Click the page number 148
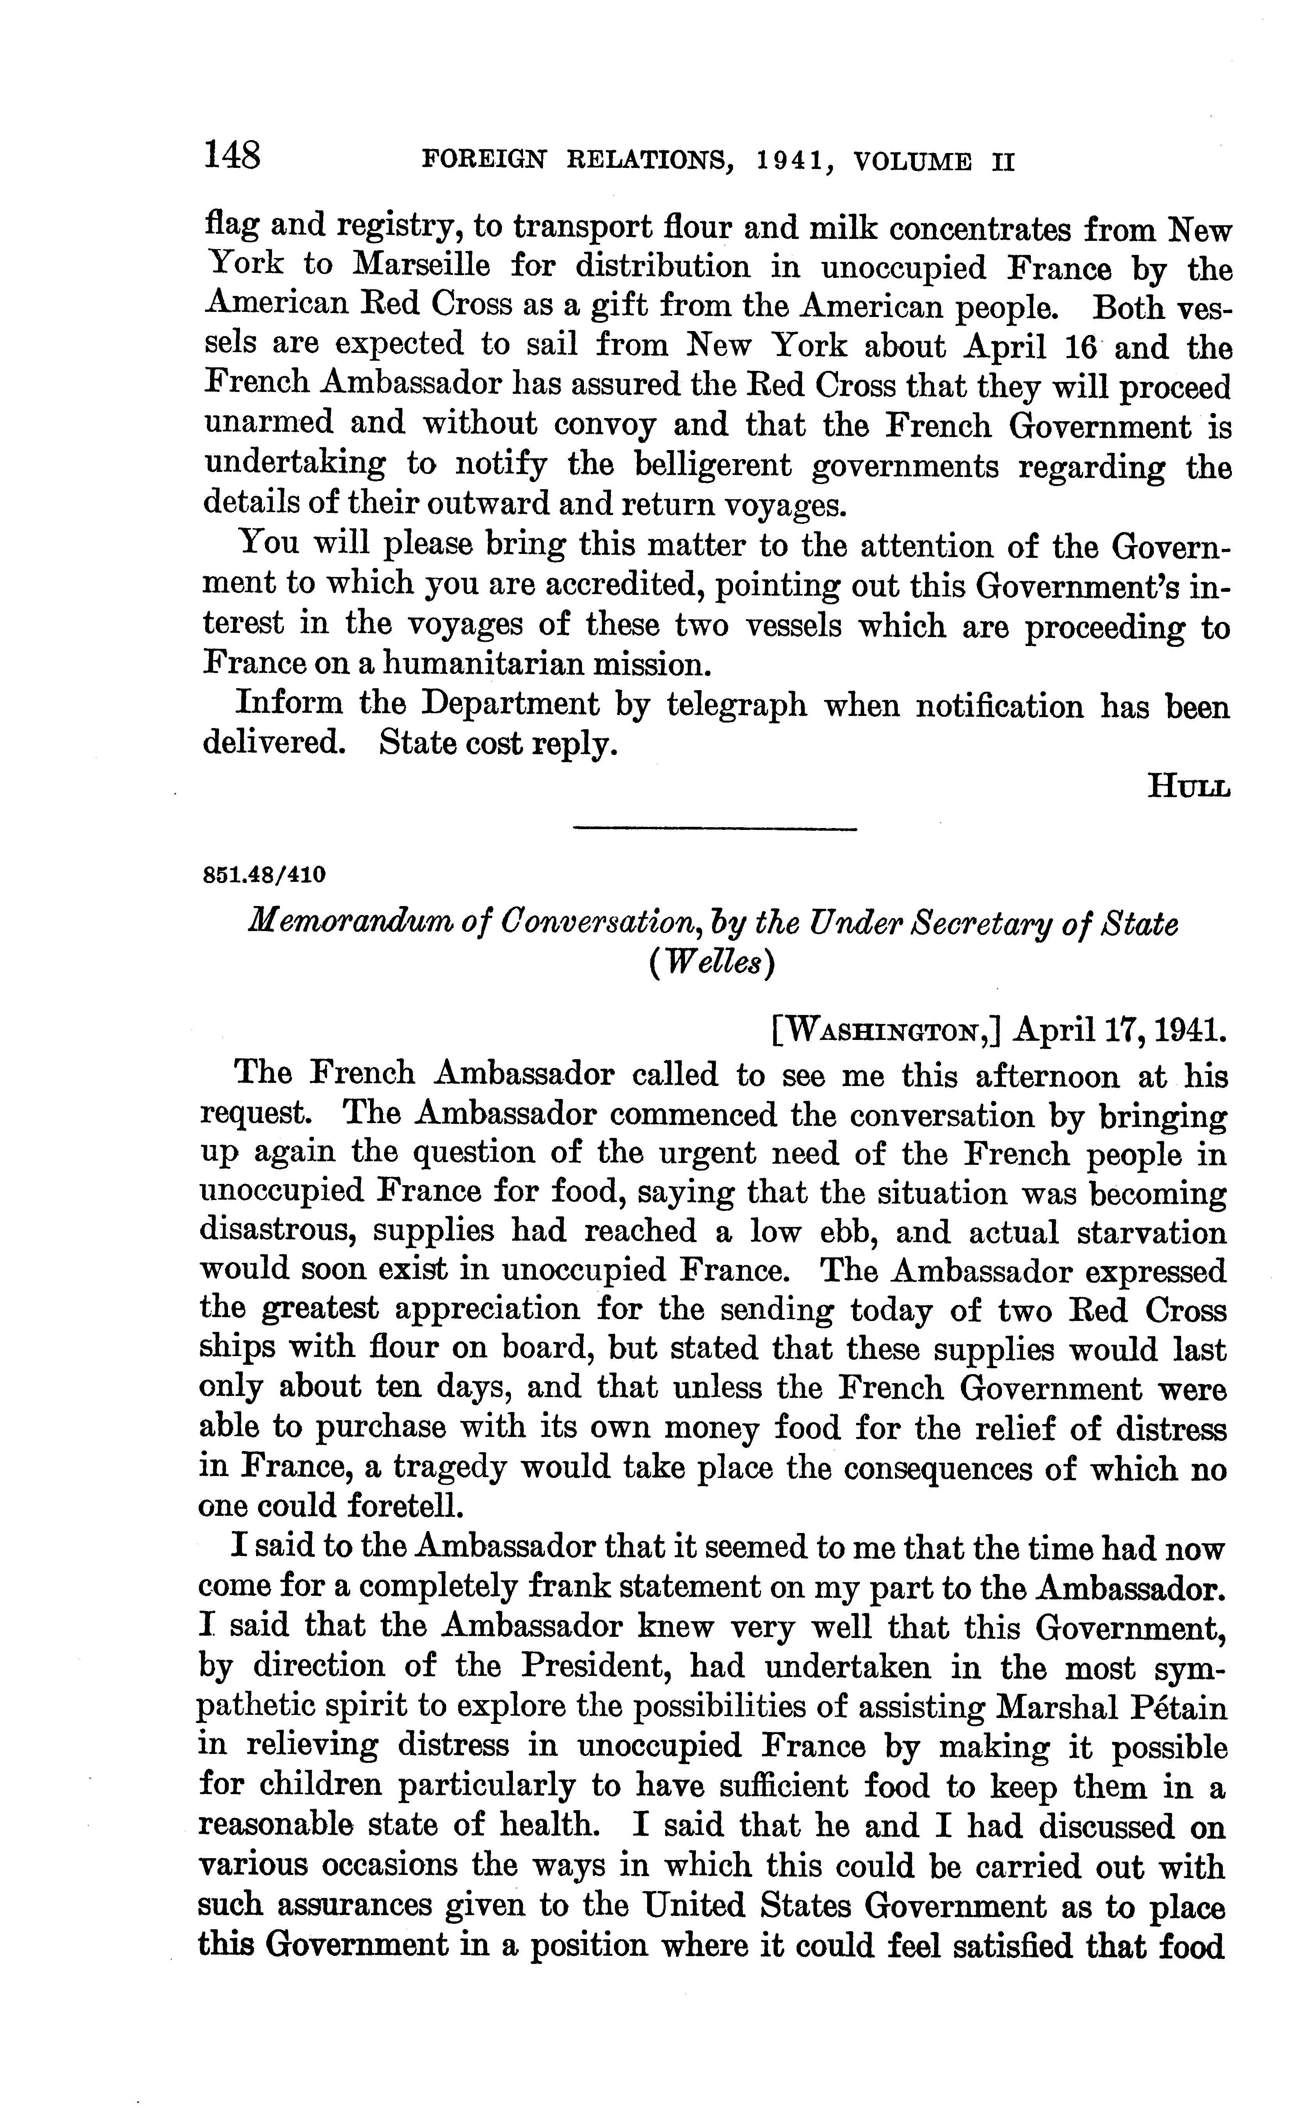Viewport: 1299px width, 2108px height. pyautogui.click(x=232, y=157)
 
